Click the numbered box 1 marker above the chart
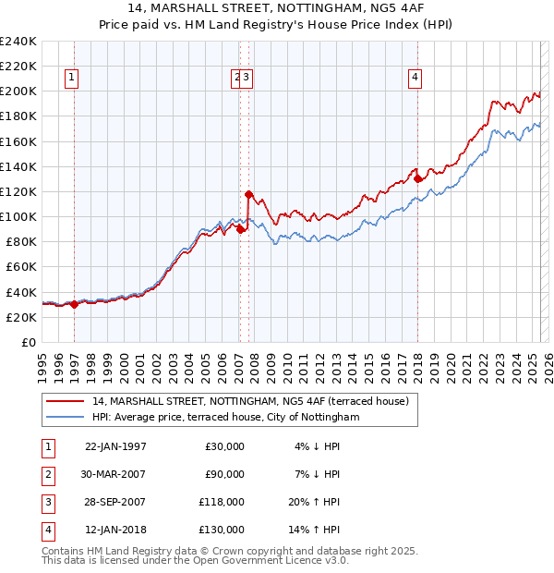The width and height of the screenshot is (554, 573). click(x=71, y=79)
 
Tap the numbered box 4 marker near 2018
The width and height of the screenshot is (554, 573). click(x=415, y=79)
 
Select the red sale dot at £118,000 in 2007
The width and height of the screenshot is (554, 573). click(x=248, y=194)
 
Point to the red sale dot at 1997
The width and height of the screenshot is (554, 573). click(x=74, y=304)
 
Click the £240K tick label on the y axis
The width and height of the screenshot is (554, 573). click(x=18, y=42)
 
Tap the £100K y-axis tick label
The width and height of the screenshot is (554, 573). click(x=18, y=216)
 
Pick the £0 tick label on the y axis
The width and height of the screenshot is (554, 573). click(x=28, y=342)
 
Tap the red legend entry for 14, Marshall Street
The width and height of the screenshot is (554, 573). click(x=250, y=401)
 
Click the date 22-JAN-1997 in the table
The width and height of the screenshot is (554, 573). click(x=115, y=446)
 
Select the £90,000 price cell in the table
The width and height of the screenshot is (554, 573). click(x=224, y=474)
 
